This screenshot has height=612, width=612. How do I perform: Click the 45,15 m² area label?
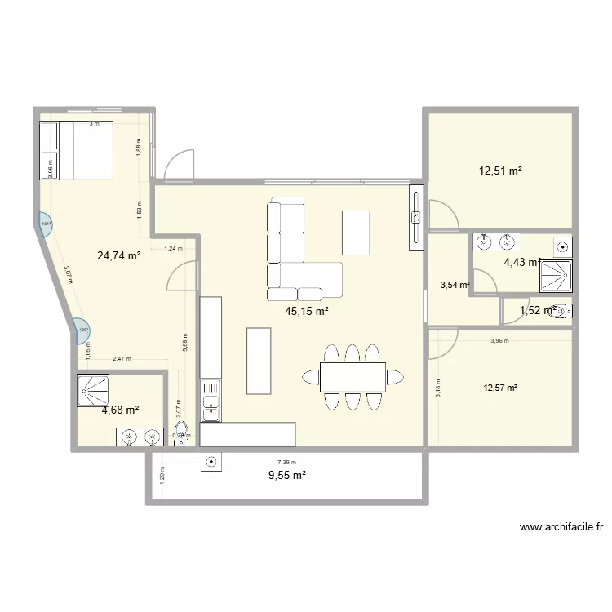coord(307,311)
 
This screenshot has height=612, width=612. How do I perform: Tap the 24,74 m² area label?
coord(119,255)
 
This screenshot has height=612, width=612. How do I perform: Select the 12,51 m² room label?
coord(500,171)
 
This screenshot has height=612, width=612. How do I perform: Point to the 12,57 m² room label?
coord(500,388)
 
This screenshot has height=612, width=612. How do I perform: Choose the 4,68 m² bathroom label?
coord(120,410)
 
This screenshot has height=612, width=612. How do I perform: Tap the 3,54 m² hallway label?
coord(455,285)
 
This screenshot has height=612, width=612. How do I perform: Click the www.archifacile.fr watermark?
coord(561,528)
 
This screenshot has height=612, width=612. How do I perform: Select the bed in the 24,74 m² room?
coord(76,151)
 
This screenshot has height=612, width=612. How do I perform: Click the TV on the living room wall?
coord(415,215)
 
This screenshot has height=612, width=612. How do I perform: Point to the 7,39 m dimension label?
coord(286,461)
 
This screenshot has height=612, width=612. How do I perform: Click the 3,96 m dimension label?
coord(499,341)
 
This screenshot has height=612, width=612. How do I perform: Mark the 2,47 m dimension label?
coord(122,359)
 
